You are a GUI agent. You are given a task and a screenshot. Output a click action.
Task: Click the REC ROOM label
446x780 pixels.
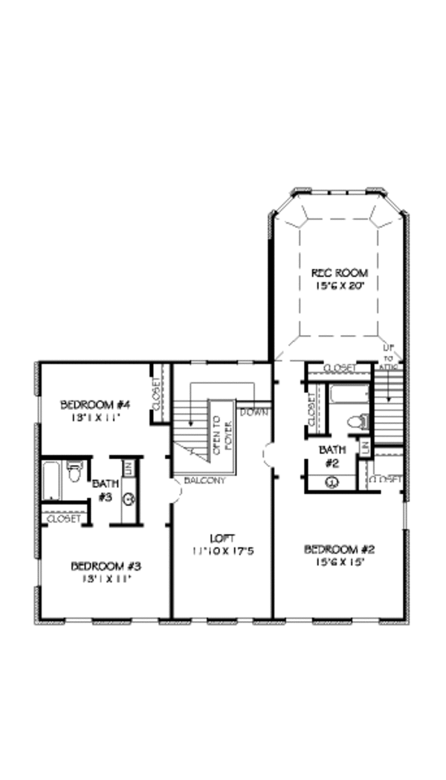[339, 273]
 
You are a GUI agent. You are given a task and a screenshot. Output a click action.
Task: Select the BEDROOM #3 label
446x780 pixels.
[106, 566]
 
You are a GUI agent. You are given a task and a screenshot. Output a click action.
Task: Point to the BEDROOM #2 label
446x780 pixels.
[339, 550]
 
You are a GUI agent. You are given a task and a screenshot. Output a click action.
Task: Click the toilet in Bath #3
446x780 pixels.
[74, 472]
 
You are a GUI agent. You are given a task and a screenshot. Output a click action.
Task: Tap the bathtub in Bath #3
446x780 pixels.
[51, 481]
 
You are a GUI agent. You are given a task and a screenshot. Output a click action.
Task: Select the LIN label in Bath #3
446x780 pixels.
[127, 468]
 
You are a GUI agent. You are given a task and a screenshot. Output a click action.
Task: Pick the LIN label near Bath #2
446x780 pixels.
[365, 446]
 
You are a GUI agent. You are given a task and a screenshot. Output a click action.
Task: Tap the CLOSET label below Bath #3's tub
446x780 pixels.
[62, 519]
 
